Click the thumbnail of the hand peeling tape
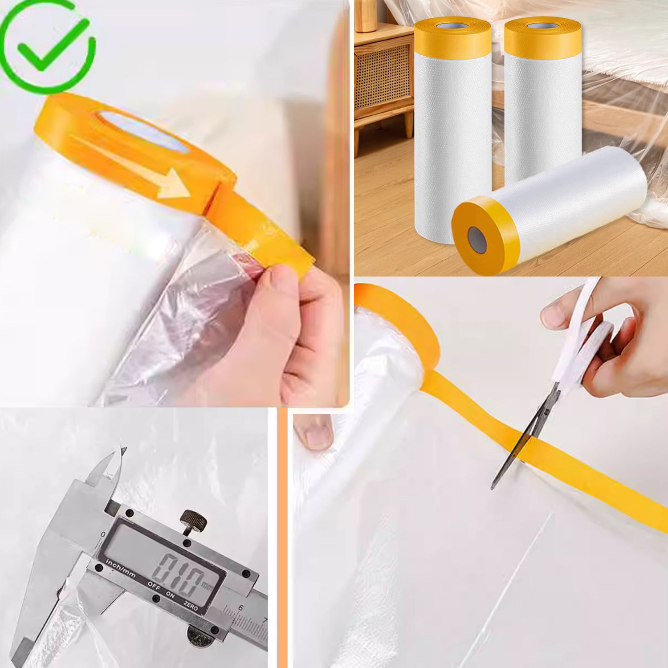point(175,204)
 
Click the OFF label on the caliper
point(154,586)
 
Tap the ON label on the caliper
point(171,595)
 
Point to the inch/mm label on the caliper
point(121,570)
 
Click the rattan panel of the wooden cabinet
point(383,77)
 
